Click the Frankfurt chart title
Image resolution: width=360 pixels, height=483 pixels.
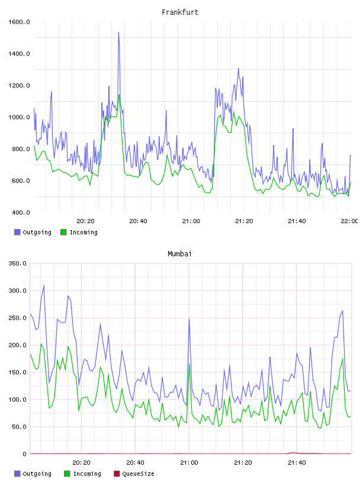click(180, 12)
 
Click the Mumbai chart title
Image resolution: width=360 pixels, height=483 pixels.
click(179, 254)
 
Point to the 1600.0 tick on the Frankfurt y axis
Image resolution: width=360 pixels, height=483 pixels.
click(19, 22)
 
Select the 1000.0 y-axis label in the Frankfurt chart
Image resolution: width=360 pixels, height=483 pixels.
click(19, 117)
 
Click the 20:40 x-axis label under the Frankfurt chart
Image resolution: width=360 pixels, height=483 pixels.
click(138, 221)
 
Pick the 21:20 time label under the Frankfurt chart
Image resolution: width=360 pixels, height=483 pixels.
click(244, 221)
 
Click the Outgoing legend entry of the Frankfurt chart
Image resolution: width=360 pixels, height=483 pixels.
click(33, 232)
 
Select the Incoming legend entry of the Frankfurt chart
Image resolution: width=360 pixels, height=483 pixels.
click(79, 232)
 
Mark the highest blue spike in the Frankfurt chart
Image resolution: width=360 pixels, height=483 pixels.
click(118, 33)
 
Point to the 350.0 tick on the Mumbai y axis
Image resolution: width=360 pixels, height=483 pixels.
click(18, 263)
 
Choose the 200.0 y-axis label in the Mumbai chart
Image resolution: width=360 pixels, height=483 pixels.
click(18, 345)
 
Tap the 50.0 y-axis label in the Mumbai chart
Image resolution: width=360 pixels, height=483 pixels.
click(19, 427)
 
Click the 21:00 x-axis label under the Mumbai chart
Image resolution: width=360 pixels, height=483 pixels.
click(189, 462)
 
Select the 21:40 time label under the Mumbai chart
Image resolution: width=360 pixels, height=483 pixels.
click(297, 462)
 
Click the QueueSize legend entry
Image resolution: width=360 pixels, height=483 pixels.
click(134, 474)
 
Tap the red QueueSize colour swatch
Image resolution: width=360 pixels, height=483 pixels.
click(117, 474)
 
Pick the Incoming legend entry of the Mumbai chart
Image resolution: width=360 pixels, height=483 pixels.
click(82, 474)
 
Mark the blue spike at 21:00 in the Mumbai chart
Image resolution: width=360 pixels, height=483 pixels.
click(189, 319)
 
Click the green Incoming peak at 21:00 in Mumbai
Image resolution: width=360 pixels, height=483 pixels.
click(189, 364)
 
